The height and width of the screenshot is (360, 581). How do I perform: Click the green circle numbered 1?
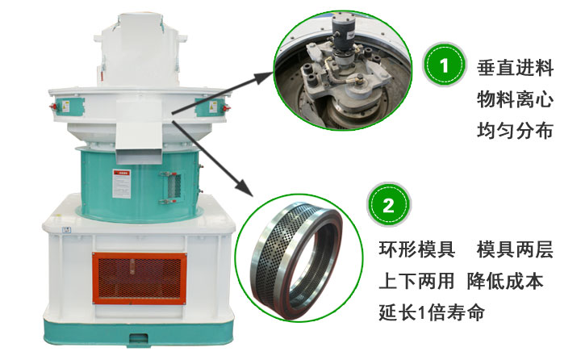[445, 67]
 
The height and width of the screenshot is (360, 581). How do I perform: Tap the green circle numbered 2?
[388, 207]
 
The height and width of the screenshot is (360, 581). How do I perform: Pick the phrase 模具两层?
[515, 250]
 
